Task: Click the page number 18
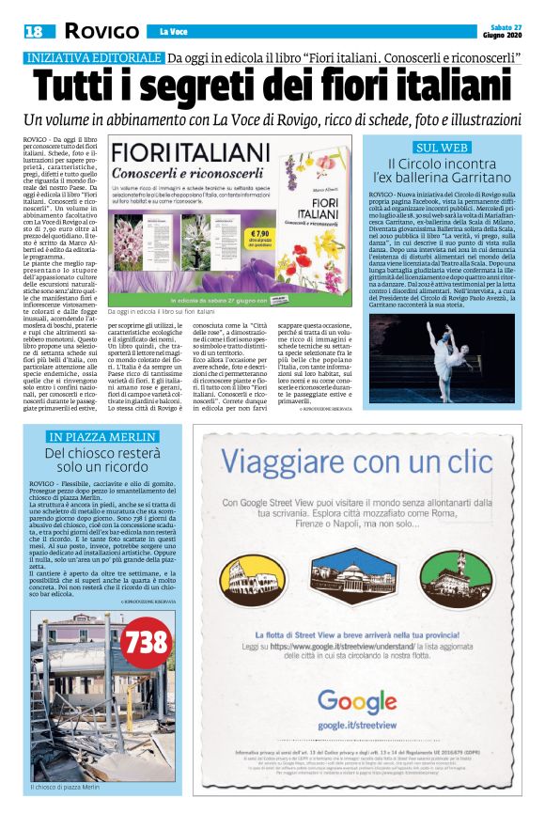[34, 31]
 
